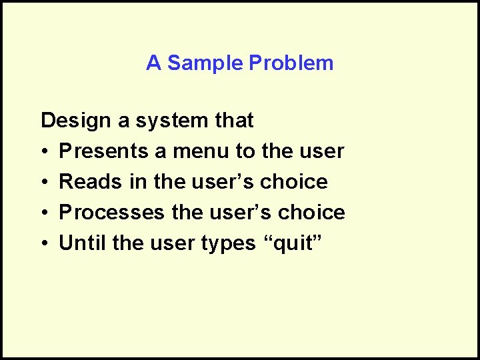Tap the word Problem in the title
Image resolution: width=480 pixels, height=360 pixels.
pyautogui.click(x=291, y=63)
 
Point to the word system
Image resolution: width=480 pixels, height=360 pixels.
pyautogui.click(x=170, y=121)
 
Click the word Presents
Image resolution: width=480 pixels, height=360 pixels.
pyautogui.click(x=104, y=151)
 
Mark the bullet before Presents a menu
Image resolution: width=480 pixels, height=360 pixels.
pyautogui.click(x=45, y=152)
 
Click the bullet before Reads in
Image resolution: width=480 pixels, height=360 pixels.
pyautogui.click(x=45, y=183)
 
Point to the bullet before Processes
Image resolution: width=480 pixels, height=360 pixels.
pyautogui.click(x=45, y=213)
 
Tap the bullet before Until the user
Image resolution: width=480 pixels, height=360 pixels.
pyautogui.click(x=45, y=244)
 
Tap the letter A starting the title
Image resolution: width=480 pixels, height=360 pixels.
pyautogui.click(x=153, y=63)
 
